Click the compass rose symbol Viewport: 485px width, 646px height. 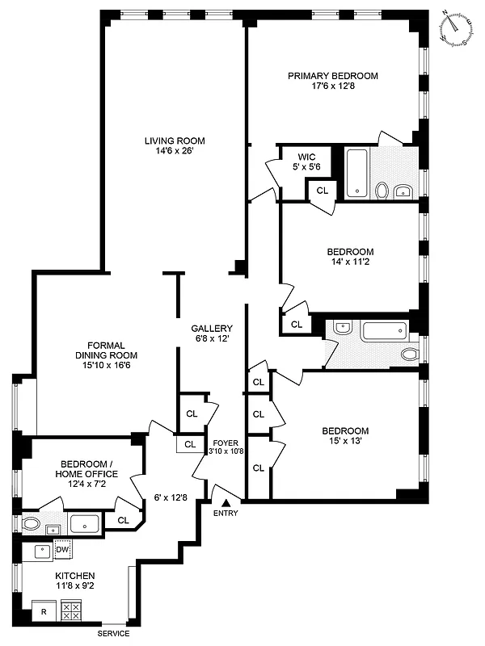[x=455, y=27]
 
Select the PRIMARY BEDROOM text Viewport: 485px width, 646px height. [x=333, y=76]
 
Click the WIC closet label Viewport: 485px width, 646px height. [x=306, y=156]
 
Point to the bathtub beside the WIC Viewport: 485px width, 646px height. [x=356, y=172]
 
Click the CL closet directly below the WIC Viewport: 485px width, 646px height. [x=322, y=191]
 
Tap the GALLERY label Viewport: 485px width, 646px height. [x=212, y=329]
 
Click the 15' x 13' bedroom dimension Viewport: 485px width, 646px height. [x=344, y=442]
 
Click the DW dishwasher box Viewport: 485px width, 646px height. [x=63, y=550]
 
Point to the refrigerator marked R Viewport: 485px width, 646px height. [x=43, y=612]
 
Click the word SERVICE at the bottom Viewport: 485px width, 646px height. [x=113, y=634]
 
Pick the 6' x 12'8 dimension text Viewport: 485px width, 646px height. [x=171, y=497]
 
